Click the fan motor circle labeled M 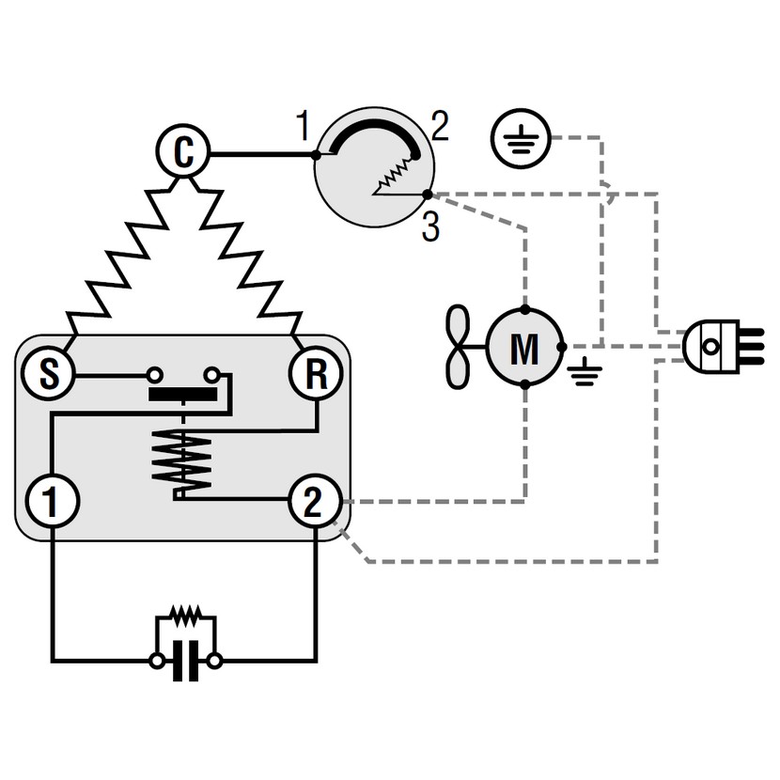(524, 348)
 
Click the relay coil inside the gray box (184, 460)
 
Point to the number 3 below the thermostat (430, 227)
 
